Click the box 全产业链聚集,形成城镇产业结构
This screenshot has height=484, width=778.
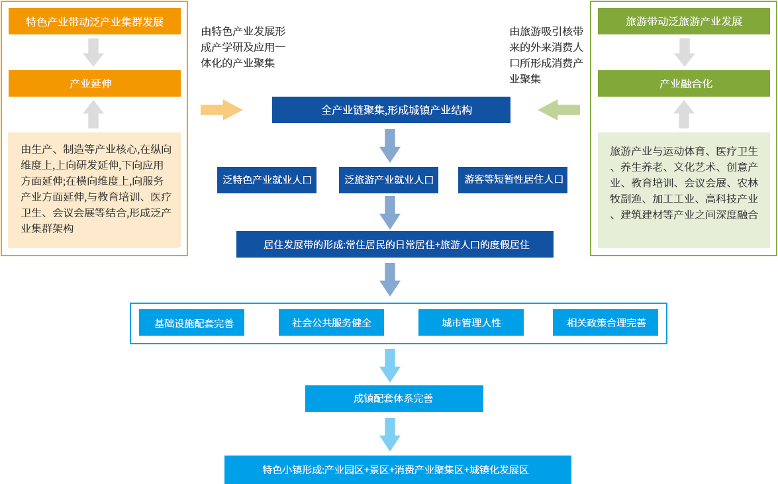point(391,110)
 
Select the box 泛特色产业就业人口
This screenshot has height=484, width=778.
point(266,179)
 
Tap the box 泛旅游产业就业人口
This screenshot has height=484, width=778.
point(389,179)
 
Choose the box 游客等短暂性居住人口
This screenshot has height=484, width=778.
point(512,179)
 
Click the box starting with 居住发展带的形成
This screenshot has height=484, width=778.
point(395,244)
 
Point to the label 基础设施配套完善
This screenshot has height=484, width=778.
point(194,323)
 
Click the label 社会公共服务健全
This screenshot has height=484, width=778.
point(332,323)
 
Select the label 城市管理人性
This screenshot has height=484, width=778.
point(471,323)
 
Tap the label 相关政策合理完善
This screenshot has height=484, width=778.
point(607,323)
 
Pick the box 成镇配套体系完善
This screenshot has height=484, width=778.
point(394,399)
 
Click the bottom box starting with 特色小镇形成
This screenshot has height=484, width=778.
point(397,469)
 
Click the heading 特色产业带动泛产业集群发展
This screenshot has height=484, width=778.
point(95,21)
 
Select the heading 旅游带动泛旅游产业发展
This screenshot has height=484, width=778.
point(684,21)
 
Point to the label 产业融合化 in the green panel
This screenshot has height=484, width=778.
point(685,83)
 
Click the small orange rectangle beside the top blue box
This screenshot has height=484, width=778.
point(222,110)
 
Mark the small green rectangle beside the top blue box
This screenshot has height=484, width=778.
point(559,110)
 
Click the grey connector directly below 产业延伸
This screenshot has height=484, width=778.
point(93,114)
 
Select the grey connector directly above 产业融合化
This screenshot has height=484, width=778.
point(685,52)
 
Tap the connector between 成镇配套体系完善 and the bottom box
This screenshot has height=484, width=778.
point(390,434)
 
